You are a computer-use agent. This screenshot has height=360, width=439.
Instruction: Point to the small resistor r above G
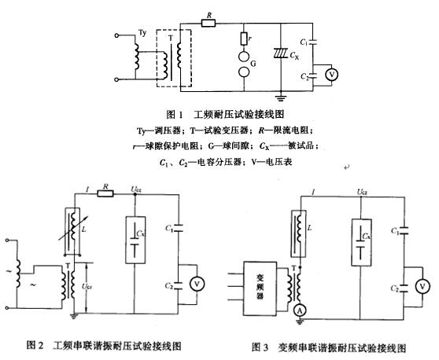pos(243,39)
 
